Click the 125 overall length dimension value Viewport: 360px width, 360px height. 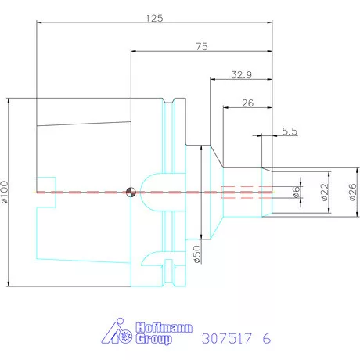pyautogui.click(x=154, y=18)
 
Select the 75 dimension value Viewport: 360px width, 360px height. pyautogui.click(x=202, y=46)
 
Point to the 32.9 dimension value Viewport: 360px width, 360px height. pyautogui.click(x=241, y=75)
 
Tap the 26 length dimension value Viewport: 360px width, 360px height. pyautogui.click(x=247, y=103)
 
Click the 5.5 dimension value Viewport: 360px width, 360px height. pyautogui.click(x=290, y=131)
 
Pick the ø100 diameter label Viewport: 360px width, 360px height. pyautogui.click(x=5, y=192)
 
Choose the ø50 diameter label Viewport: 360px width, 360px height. pyautogui.click(x=197, y=254)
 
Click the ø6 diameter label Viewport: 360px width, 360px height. pyautogui.click(x=296, y=193)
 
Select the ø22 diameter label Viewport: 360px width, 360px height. pyautogui.click(x=324, y=192)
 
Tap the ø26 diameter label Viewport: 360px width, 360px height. pyautogui.click(x=352, y=192)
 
